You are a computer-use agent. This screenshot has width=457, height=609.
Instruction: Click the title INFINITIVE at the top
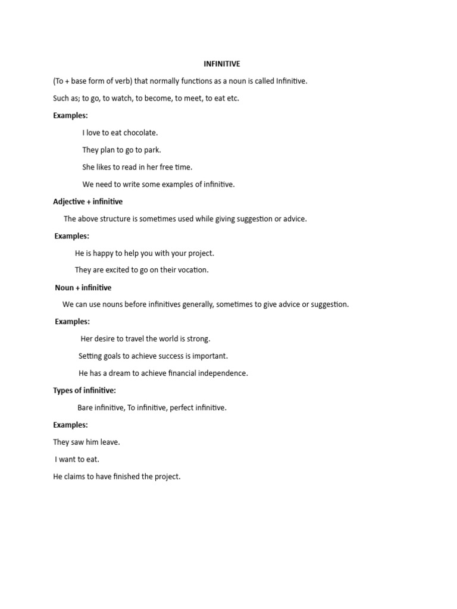tap(221, 64)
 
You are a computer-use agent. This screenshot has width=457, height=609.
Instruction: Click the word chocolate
tap(140, 133)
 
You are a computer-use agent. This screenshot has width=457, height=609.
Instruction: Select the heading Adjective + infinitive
tap(87, 202)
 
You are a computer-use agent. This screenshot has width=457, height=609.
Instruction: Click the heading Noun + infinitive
tap(83, 287)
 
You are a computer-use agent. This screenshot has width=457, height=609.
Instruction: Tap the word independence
tap(222, 373)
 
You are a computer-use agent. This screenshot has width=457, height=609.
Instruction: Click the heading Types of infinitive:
tap(84, 390)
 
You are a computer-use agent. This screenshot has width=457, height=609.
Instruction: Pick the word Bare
tap(86, 408)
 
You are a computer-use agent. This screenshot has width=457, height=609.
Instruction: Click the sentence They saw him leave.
tap(86, 442)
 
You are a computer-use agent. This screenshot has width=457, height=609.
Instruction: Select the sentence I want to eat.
tap(77, 459)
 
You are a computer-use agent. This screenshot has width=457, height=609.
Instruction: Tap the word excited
tap(110, 270)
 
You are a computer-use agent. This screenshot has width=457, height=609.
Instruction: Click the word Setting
tap(90, 356)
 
